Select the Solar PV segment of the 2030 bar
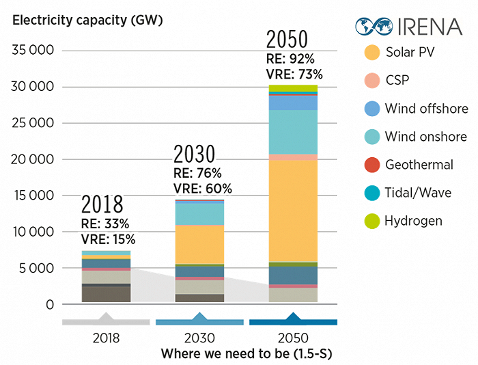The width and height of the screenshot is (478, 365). point(199,244)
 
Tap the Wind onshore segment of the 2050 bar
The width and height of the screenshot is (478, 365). point(293,132)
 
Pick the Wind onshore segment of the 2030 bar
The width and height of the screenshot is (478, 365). point(199,214)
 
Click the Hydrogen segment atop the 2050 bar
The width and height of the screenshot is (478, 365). point(293,88)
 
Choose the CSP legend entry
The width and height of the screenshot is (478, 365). point(397,80)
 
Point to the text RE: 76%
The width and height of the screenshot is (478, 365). point(199,173)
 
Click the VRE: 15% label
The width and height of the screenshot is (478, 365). point(109,239)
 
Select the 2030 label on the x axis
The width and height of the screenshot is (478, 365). point(199,338)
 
